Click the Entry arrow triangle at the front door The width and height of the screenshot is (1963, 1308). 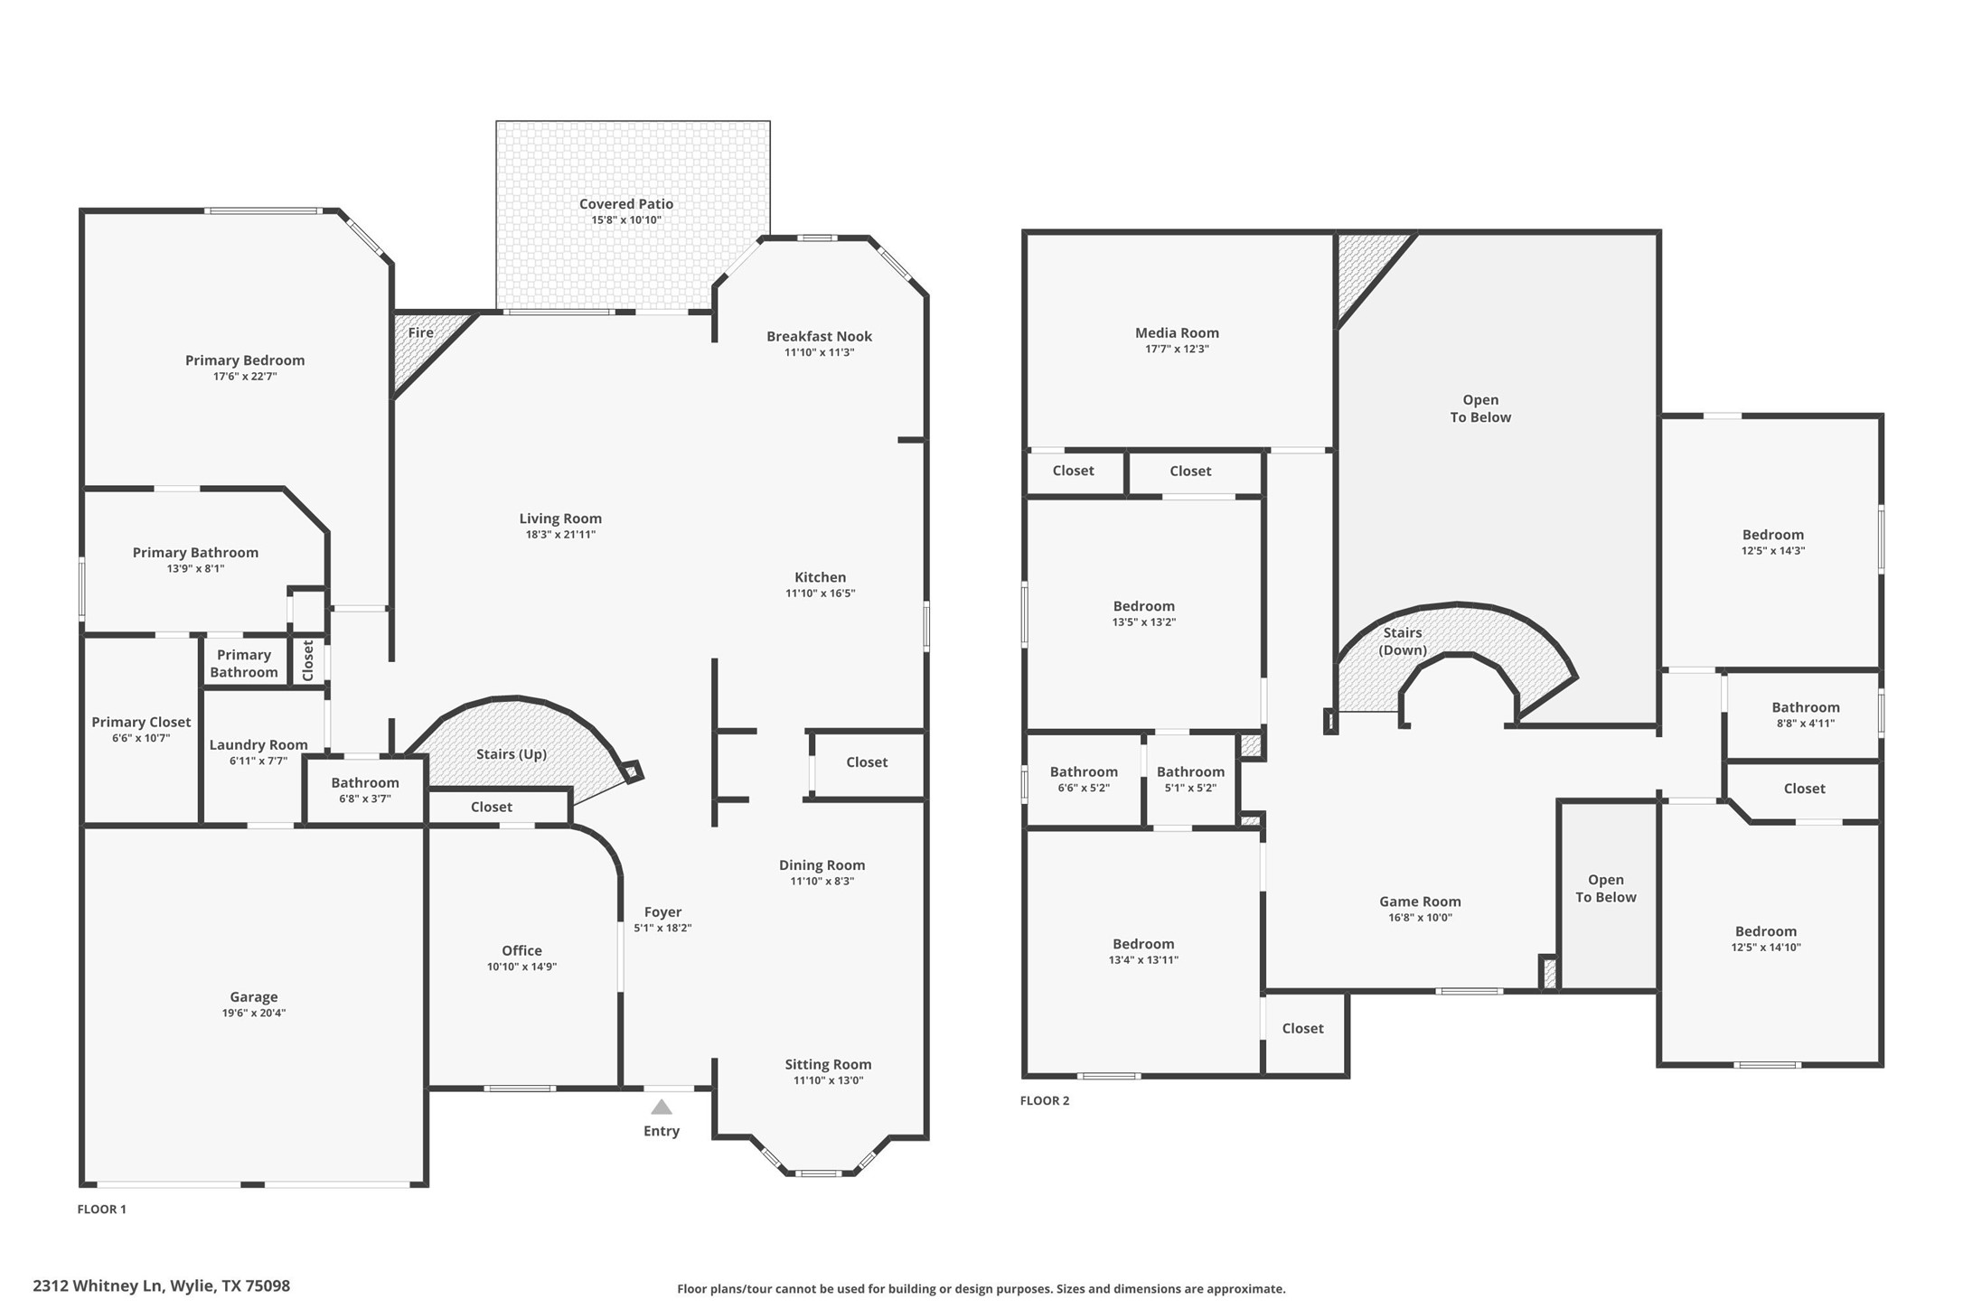pyautogui.click(x=662, y=1107)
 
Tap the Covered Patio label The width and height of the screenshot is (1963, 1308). pyautogui.click(x=626, y=204)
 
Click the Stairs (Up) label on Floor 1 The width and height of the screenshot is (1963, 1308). pyautogui.click(x=512, y=754)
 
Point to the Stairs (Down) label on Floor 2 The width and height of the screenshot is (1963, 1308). pyautogui.click(x=1403, y=641)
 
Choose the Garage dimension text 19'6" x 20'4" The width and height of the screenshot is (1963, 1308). pyautogui.click(x=254, y=1014)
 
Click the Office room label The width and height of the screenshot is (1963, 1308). pyautogui.click(x=521, y=950)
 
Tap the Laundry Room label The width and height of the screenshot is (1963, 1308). pyautogui.click(x=258, y=745)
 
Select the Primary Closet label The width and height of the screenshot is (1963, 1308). pyautogui.click(x=141, y=722)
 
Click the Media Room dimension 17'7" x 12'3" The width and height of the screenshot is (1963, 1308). pyautogui.click(x=1177, y=349)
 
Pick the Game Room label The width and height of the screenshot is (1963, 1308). pyautogui.click(x=1420, y=902)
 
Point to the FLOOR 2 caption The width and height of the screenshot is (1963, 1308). pyautogui.click(x=1045, y=1100)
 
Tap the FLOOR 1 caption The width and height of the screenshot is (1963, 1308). pyautogui.click(x=102, y=1209)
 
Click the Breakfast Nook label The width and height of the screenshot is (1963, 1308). pyautogui.click(x=819, y=336)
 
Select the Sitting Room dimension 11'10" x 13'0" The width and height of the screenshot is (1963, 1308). pyautogui.click(x=828, y=1080)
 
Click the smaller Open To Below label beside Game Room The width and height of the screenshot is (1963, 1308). pyautogui.click(x=1606, y=888)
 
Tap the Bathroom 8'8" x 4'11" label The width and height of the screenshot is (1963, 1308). pyautogui.click(x=1805, y=707)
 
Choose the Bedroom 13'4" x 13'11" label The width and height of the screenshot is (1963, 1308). pyautogui.click(x=1143, y=944)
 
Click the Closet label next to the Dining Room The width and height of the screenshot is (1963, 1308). pyautogui.click(x=867, y=762)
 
